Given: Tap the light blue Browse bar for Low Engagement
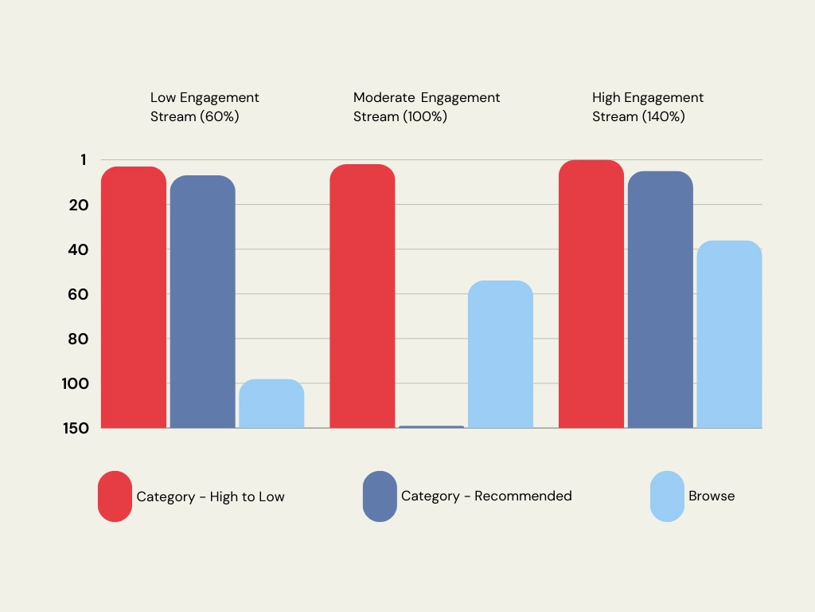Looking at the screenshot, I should click(x=271, y=404).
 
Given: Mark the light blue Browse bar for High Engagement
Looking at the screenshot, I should click(x=729, y=334).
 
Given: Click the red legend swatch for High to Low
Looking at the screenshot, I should click(x=115, y=496).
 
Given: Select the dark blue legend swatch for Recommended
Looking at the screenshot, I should click(x=380, y=496).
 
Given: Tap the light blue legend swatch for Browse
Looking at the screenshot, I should click(x=667, y=496).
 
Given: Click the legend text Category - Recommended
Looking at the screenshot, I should click(x=486, y=496).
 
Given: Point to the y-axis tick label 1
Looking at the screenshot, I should click(x=84, y=160).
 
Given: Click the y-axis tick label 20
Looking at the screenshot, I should click(x=78, y=205).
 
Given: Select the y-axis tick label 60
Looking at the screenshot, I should click(x=78, y=294).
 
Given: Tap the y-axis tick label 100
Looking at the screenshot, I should click(x=75, y=383).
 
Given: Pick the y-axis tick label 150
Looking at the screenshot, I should click(x=76, y=428).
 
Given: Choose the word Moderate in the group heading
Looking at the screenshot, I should click(x=384, y=97).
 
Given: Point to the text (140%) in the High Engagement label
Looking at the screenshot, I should click(x=663, y=116).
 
